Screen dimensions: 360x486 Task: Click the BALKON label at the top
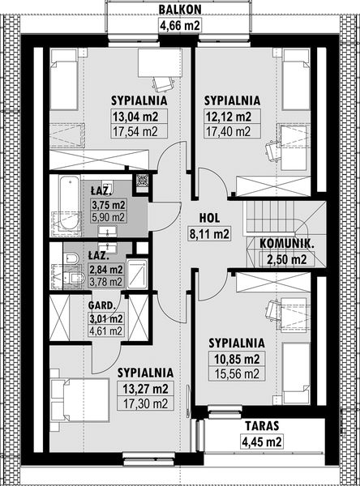pos(180,9)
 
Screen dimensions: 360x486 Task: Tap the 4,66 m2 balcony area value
pos(180,25)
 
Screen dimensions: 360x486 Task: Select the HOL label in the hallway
pos(209,218)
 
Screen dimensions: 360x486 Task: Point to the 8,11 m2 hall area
pos(209,233)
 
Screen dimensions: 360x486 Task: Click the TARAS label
pos(262,426)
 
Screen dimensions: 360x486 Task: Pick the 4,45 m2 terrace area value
pos(262,441)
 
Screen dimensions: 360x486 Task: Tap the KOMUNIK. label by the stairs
pos(287,244)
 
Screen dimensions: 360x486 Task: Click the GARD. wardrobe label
pos(102,305)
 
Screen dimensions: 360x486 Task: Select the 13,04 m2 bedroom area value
pos(135,117)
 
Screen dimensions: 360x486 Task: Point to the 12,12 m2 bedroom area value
pos(229,117)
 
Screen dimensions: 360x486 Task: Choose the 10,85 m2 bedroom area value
pos(237,359)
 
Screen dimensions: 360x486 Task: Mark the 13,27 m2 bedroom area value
pos(145,388)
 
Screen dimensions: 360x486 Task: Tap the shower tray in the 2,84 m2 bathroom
pos(137,273)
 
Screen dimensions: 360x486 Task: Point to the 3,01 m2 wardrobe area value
pos(106,318)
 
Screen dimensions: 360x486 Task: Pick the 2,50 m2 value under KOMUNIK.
pos(287,259)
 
